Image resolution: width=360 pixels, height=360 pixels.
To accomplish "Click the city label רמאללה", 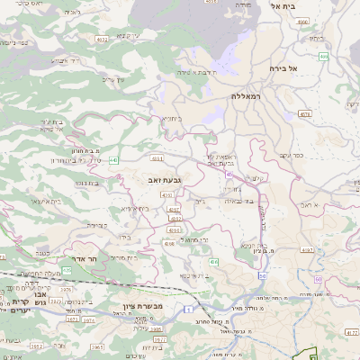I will (244, 95).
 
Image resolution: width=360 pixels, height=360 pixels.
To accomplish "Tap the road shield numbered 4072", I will (102, 40).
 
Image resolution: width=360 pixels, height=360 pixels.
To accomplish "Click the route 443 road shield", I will (112, 160).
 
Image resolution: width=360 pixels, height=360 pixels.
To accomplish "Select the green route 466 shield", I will (323, 57).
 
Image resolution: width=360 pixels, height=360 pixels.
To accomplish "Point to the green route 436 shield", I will (213, 261).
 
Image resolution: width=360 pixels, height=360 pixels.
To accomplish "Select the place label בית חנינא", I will (255, 245).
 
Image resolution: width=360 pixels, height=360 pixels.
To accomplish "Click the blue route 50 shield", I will (261, 274).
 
